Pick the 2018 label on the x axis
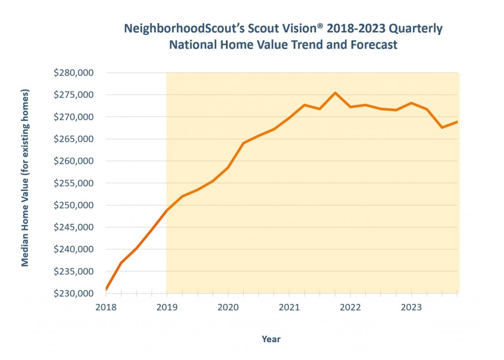(106, 307)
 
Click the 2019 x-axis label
(167, 307)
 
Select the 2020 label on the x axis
(228, 307)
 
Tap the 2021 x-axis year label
(289, 307)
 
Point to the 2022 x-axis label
(350, 307)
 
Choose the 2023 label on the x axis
(411, 307)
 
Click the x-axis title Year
(271, 339)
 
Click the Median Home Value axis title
(25, 178)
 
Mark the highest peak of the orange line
(335, 92)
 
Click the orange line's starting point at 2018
(106, 289)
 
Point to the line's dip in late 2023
(442, 127)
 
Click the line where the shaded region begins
(167, 210)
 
